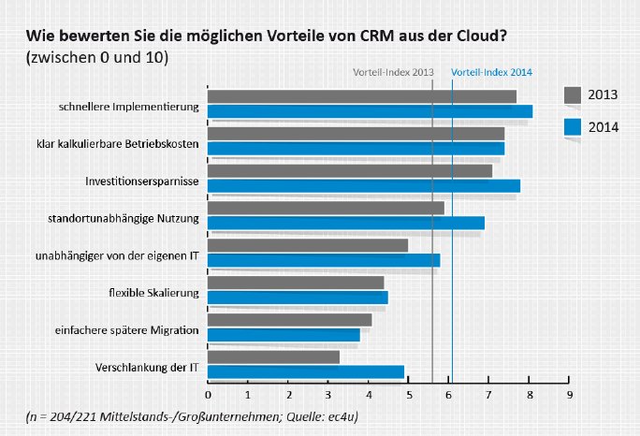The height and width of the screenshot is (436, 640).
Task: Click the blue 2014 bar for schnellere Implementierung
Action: (x=370, y=111)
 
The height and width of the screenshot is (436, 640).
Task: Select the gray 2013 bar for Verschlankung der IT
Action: (x=273, y=357)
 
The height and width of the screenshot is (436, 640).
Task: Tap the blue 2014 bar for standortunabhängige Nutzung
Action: (x=345, y=223)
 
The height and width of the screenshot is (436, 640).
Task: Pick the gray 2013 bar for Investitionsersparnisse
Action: (x=349, y=171)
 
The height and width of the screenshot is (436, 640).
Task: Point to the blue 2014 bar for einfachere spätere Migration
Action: (x=283, y=334)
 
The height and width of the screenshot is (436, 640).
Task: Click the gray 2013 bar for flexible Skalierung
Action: (x=295, y=283)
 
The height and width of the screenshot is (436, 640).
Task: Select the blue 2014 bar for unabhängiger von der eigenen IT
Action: (x=323, y=260)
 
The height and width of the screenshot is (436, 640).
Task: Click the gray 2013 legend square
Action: (x=573, y=94)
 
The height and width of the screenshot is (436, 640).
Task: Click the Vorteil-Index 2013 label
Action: (x=393, y=72)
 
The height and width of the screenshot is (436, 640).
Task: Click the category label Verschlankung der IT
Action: (x=148, y=367)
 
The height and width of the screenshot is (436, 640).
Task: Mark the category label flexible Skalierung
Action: (x=154, y=293)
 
